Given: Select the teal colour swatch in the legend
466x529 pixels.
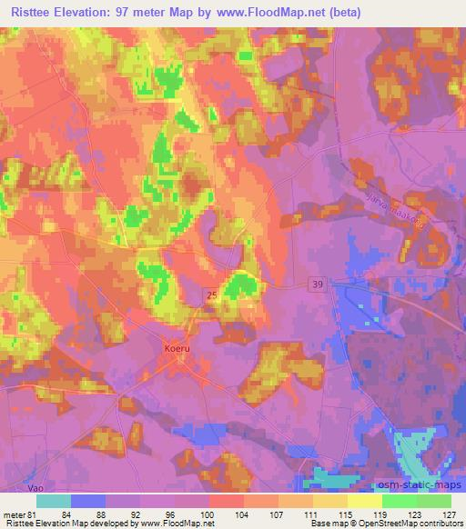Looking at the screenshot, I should tap(54, 500).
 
